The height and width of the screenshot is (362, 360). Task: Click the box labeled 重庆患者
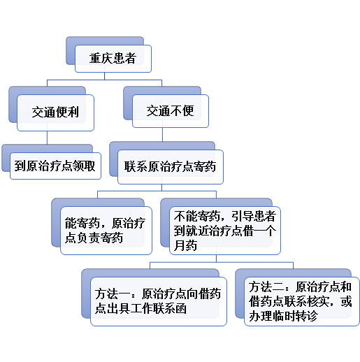tap(113, 59)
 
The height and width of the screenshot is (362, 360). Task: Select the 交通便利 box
tap(55, 113)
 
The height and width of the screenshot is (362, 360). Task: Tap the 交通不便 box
tap(171, 111)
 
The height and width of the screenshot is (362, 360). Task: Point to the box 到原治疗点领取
tap(55, 166)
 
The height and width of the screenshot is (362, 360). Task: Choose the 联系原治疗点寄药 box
tap(171, 167)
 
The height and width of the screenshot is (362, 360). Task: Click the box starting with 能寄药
tap(106, 231)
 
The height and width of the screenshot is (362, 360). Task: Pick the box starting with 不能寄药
tap(225, 231)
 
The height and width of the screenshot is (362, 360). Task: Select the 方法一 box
tap(159, 301)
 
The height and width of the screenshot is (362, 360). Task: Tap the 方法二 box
tap(302, 301)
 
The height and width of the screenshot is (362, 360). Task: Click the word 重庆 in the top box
tap(101, 58)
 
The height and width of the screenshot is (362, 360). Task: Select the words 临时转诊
tap(296, 316)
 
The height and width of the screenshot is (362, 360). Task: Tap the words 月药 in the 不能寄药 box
tap(185, 245)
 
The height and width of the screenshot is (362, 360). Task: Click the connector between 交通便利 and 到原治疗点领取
tap(47, 138)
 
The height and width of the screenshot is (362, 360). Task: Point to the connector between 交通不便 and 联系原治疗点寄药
tap(162, 134)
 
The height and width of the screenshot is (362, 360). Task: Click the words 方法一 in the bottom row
tap(112, 294)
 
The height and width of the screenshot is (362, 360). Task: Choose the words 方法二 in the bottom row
tap(266, 287)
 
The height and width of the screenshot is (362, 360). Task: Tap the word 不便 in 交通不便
tap(182, 110)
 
